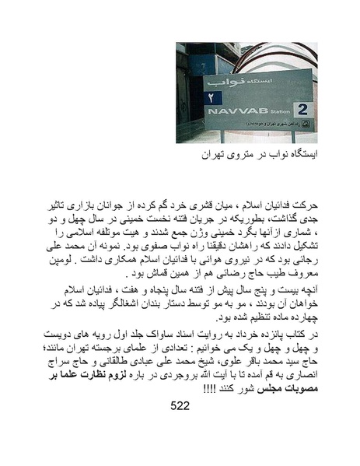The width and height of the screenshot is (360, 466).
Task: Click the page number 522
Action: tap(180, 405)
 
